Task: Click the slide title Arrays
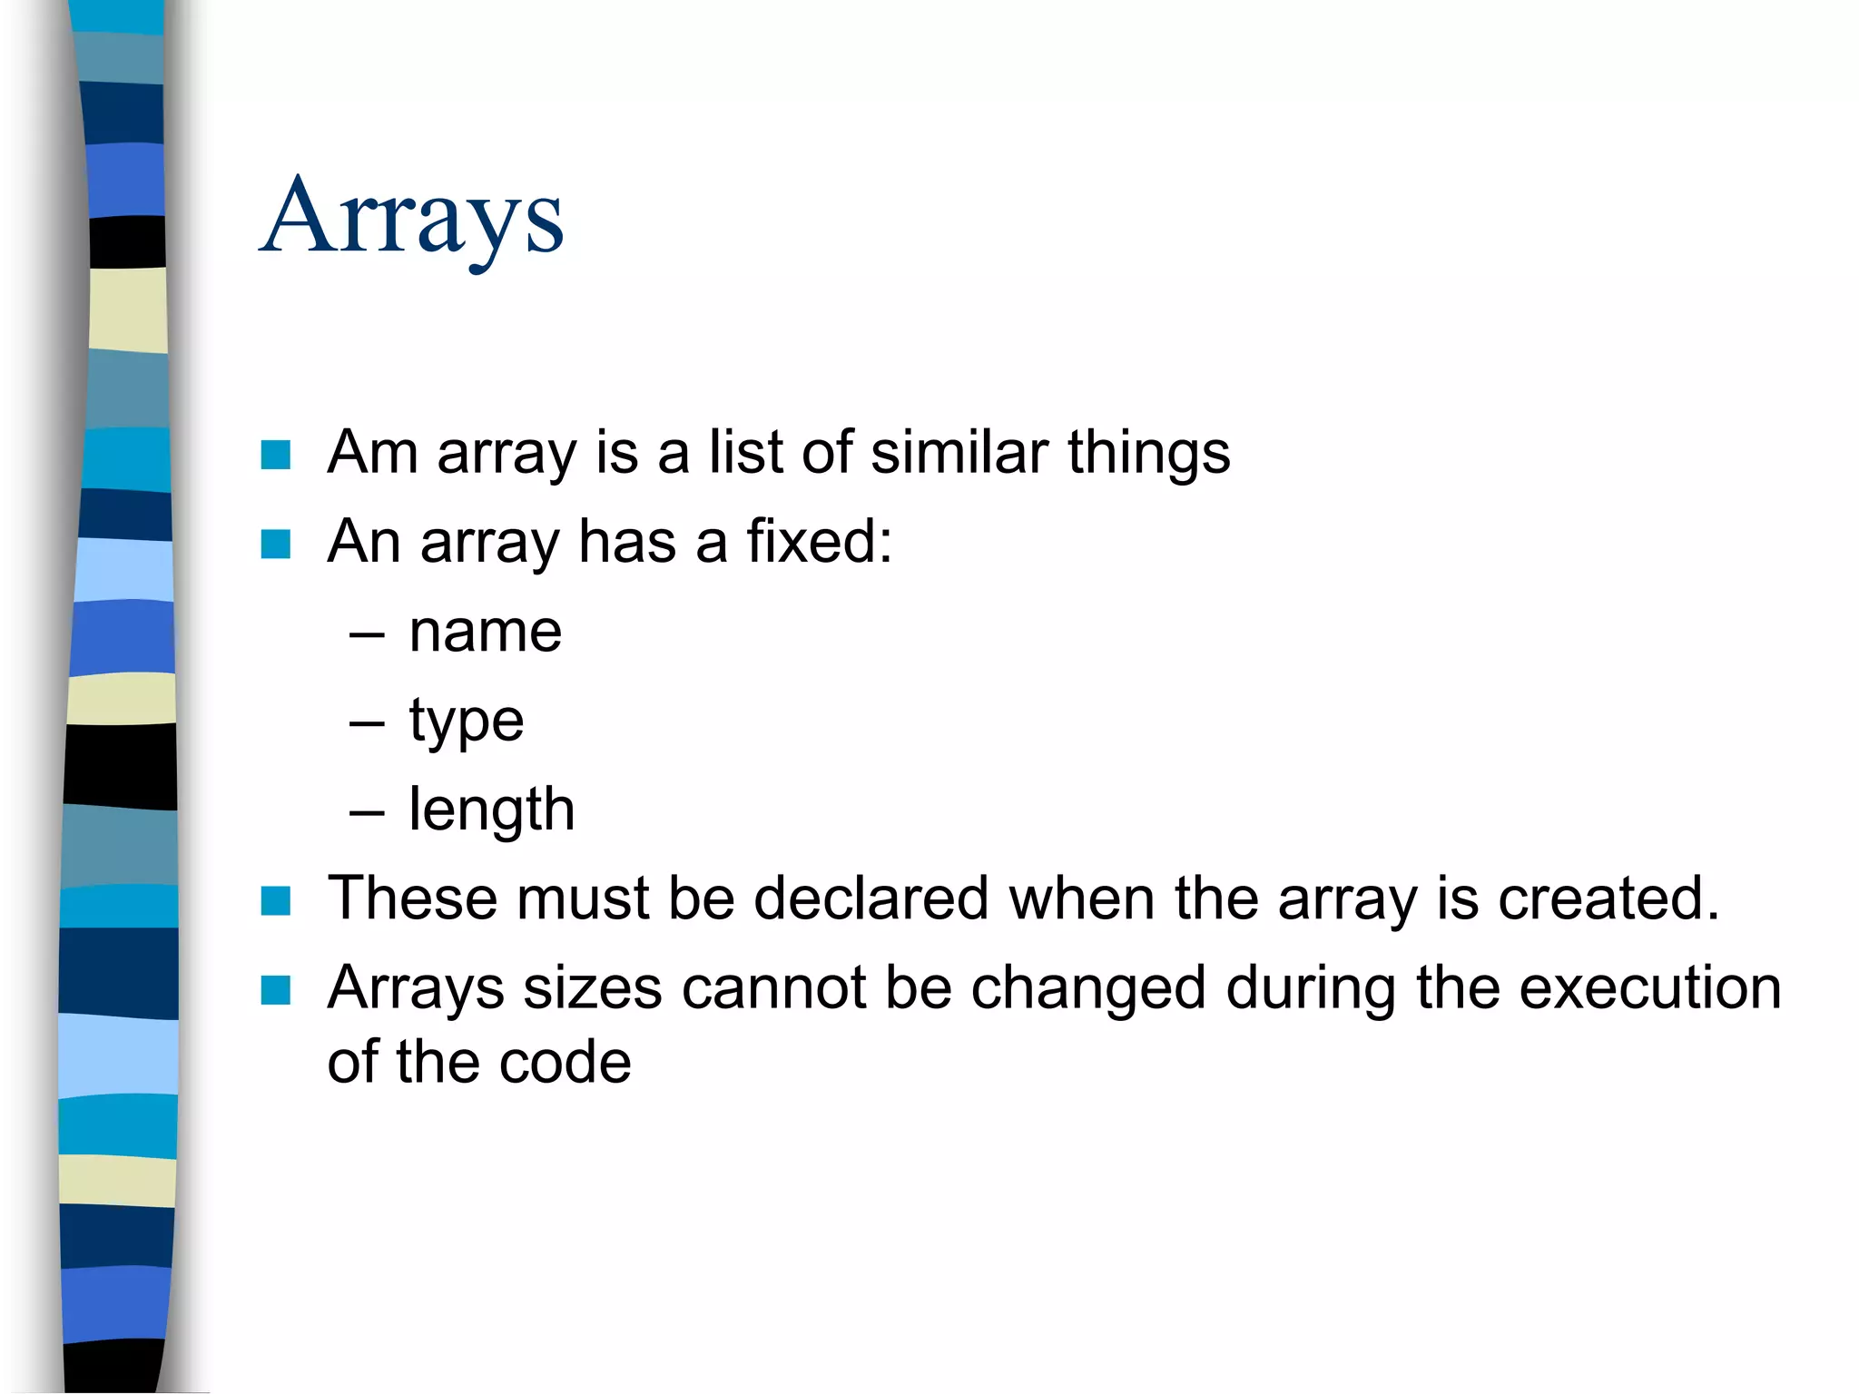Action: pos(411,218)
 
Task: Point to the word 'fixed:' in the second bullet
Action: pos(819,541)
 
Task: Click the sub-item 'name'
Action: pos(485,631)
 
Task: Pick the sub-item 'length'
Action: pos(491,810)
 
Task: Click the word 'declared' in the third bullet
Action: pos(870,898)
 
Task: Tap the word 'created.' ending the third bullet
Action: pos(1608,898)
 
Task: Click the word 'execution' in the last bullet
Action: pos(1649,987)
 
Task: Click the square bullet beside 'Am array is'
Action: pos(275,455)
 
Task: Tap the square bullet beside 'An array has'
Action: pos(275,545)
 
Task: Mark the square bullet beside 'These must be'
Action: pos(275,901)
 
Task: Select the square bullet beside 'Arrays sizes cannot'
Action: pos(275,990)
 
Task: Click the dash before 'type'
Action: pos(367,724)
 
